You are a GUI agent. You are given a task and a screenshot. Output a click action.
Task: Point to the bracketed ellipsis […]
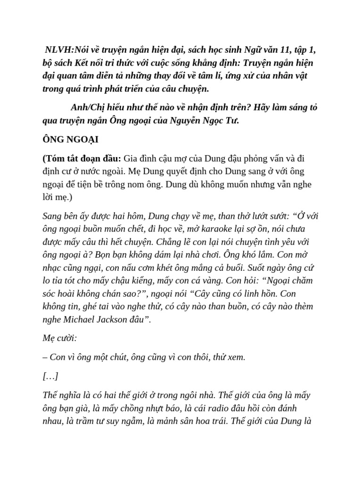tap(50, 376)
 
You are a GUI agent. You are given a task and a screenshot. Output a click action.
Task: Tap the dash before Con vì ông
tap(45, 357)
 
